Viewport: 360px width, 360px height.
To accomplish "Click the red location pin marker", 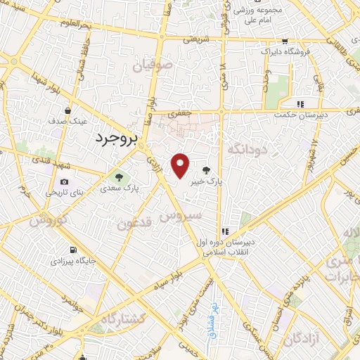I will coord(181,165).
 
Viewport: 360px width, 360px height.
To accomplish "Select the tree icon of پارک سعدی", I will coord(118,176).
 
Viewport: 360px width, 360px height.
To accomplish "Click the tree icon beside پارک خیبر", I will coord(206,169).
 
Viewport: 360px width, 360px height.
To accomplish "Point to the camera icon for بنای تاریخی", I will coord(65,181).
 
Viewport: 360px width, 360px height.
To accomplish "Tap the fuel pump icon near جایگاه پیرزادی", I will coord(72,250).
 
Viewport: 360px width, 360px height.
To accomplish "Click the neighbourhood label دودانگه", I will coord(247,150).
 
